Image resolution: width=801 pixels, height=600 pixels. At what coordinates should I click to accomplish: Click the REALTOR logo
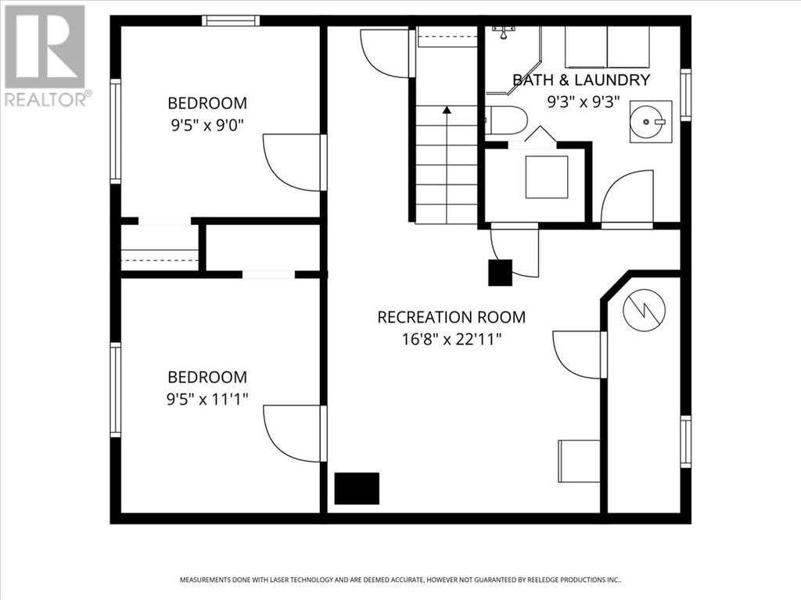tap(45, 55)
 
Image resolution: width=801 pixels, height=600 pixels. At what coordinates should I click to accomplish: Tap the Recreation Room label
tap(451, 317)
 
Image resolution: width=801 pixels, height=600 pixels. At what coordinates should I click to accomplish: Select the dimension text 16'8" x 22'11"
tap(451, 339)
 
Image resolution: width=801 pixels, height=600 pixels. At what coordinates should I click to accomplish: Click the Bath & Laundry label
tap(581, 80)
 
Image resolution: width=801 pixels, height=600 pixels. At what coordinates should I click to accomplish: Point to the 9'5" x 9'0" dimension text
tap(207, 125)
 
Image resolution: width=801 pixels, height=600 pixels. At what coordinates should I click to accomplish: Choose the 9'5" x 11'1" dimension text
tap(207, 398)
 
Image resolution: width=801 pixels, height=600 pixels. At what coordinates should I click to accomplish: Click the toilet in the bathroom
tap(506, 120)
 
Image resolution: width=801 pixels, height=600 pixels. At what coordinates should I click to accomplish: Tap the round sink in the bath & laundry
tap(651, 121)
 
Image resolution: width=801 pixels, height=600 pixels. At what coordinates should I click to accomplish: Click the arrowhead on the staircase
tap(447, 109)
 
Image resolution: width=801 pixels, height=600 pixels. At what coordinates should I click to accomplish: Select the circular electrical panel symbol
tap(645, 309)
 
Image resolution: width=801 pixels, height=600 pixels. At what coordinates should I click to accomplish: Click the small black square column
tap(500, 273)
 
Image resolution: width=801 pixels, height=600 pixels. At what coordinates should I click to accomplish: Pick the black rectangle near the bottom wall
tap(357, 488)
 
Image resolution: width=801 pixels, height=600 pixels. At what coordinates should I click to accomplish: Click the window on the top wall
tap(231, 21)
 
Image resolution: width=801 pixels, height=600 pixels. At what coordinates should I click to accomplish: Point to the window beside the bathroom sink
tap(685, 95)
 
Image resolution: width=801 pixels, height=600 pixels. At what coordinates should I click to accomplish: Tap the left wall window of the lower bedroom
tap(116, 390)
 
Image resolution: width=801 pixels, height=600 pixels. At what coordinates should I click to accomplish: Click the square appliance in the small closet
tap(547, 177)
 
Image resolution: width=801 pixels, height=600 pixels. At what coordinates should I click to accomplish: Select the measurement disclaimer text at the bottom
tap(400, 580)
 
